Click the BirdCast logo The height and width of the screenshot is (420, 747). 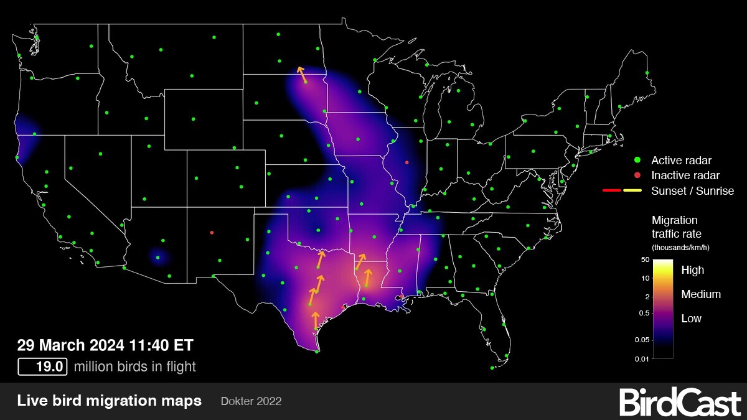click(680, 402)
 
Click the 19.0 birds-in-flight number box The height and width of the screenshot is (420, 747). click(42, 366)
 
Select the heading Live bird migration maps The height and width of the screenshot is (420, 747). click(110, 401)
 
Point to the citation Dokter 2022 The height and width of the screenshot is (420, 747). click(251, 401)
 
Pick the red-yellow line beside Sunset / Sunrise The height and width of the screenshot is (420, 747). click(622, 190)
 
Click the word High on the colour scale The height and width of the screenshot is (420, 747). click(693, 270)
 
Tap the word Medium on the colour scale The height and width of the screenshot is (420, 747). click(701, 294)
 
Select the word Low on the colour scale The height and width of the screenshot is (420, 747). click(691, 319)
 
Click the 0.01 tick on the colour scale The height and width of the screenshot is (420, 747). click(641, 358)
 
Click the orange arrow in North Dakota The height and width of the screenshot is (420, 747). click(301, 75)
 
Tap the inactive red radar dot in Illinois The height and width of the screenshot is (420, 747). click(406, 162)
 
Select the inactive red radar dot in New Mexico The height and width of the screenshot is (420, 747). click(212, 233)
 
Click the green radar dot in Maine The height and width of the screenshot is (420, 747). click(647, 73)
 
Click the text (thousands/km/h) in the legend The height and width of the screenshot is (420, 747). click(680, 248)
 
